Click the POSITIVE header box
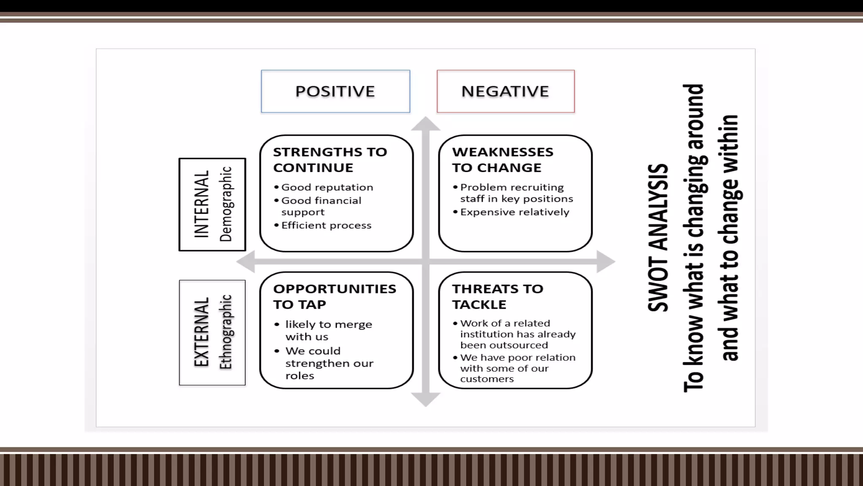point(335,91)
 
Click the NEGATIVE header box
point(505,91)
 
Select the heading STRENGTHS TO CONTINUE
point(330,159)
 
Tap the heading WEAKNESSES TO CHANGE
point(502,159)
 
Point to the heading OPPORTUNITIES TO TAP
point(334,296)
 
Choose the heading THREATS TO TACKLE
point(497,296)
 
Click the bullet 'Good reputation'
point(327,187)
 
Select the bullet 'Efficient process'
point(326,225)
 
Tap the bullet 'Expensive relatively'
point(514,212)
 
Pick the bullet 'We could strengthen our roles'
point(329,363)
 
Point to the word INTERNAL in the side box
point(201,204)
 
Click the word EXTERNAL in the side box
point(201,332)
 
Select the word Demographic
point(226,204)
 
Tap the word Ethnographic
point(226,332)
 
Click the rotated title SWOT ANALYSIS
point(658,238)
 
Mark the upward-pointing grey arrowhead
point(426,123)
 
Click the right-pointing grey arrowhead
point(606,262)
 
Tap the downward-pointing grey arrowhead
point(426,399)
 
